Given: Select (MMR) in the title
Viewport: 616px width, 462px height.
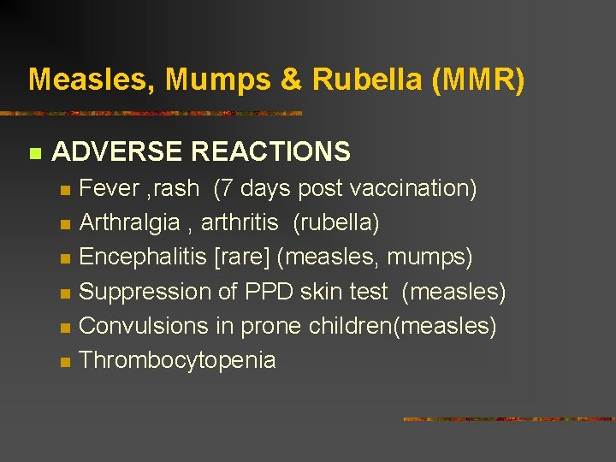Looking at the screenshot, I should pos(480,80).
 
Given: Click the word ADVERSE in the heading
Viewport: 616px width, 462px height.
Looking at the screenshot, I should pos(118,152).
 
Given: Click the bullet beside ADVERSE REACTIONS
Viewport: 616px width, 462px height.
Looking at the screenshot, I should pos(34,154).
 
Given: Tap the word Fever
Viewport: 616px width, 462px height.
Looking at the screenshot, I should pos(109,188).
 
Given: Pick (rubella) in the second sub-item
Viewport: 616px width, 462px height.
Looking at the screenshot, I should pos(336,223).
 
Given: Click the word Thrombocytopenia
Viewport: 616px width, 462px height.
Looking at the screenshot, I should pos(177,360).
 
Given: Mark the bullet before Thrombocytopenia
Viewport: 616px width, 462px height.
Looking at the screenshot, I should pos(64,362).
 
